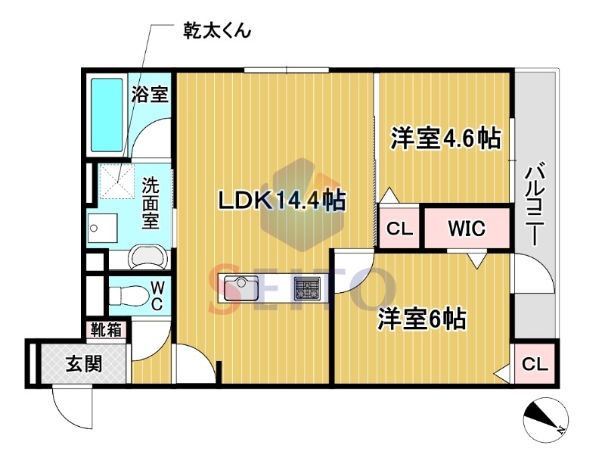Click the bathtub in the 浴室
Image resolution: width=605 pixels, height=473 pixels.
coord(107,115)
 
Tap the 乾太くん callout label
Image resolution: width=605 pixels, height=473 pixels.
coord(217,30)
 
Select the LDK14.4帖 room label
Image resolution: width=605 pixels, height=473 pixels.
coord(281,201)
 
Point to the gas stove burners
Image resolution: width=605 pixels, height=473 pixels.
coord(307,288)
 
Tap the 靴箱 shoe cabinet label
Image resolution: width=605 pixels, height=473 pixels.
coord(106,330)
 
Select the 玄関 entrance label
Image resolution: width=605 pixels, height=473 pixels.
coord(84,363)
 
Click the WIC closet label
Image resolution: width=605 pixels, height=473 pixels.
coord(467,229)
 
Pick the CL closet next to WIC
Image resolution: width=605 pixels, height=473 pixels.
coord(399,229)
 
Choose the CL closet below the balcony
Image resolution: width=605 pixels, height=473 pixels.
coord(535,364)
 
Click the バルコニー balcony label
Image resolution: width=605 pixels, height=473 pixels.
coord(535,204)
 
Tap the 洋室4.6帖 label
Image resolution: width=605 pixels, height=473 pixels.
coord(445,138)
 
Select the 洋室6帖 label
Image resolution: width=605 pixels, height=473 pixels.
coord(422,319)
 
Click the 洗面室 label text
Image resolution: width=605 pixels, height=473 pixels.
coord(150,203)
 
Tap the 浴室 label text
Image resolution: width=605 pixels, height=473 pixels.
coord(150,94)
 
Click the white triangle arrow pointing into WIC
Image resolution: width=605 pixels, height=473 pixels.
coord(477,260)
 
